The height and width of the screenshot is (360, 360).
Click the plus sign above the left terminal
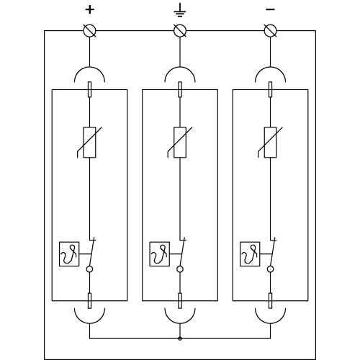point(90,10)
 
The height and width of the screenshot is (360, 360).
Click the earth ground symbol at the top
point(180,10)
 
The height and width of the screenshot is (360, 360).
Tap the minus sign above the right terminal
point(270,9)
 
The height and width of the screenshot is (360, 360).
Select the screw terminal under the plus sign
point(90,31)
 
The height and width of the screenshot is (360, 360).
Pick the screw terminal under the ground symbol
point(180,31)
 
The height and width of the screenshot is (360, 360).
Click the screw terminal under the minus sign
point(271,31)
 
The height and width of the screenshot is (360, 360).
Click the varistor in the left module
point(89,143)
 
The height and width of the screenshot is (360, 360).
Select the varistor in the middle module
point(180,143)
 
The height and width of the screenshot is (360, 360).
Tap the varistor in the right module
point(271,143)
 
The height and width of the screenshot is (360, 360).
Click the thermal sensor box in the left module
point(69,254)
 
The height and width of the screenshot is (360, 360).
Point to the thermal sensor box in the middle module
point(160,254)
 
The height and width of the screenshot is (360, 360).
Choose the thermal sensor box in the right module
point(250,254)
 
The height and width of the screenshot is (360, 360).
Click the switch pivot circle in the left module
point(89,269)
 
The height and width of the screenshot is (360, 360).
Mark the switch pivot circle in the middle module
point(180,269)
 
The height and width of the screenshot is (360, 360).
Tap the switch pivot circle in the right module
point(271,269)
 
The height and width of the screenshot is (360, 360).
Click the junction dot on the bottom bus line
point(180,338)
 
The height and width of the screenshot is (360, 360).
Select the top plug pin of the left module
point(89,89)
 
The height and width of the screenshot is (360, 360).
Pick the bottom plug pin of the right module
point(271,301)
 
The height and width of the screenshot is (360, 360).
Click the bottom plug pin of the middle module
point(180,301)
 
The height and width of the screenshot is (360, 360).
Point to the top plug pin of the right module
point(271,89)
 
